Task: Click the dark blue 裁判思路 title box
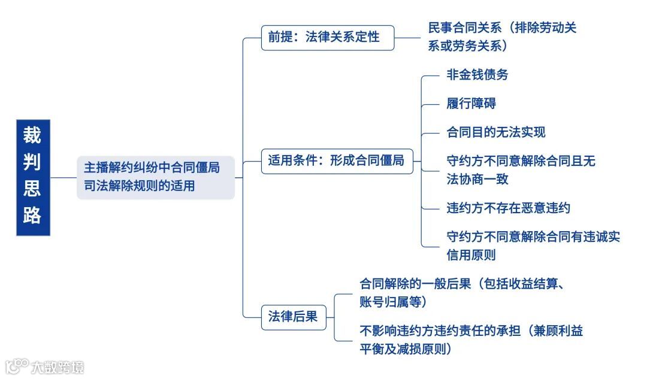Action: click(x=33, y=177)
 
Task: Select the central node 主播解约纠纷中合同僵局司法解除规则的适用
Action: click(x=155, y=177)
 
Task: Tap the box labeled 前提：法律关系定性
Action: click(x=328, y=37)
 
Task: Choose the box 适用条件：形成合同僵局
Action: click(x=337, y=160)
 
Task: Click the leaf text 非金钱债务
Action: click(x=477, y=75)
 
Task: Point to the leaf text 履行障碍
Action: click(x=471, y=104)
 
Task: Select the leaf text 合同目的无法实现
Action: click(x=496, y=132)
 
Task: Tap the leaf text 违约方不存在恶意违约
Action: click(x=508, y=208)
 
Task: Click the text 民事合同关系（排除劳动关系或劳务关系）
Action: click(x=502, y=37)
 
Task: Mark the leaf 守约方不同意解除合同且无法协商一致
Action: click(x=521, y=170)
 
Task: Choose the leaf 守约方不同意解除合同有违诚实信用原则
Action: click(x=533, y=245)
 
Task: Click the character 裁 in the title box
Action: click(x=32, y=136)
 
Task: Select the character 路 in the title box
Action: click(x=32, y=217)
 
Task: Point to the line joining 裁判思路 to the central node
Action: click(x=64, y=177)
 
